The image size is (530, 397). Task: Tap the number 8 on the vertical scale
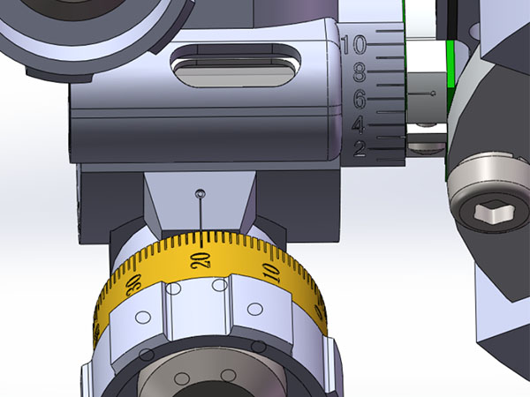[x=360, y=70]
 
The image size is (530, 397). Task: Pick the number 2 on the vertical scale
[x=360, y=150]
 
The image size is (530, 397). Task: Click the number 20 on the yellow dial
[x=201, y=258]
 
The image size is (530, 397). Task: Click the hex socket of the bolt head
[x=485, y=212]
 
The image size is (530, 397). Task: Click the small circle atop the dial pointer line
[x=201, y=192]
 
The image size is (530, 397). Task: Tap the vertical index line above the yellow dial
[x=203, y=216]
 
